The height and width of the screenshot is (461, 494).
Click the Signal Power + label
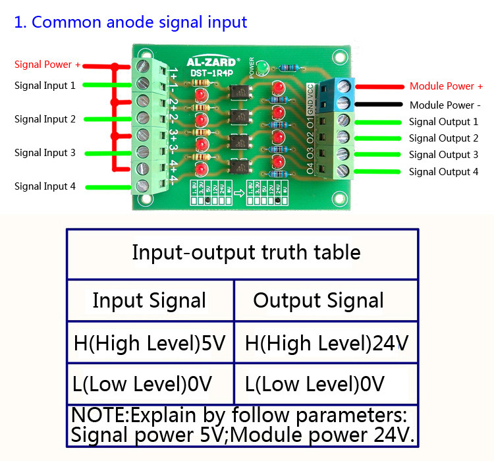coord(47,65)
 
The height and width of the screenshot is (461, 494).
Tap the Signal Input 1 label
coord(45,86)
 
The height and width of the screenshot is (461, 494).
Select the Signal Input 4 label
coord(45,186)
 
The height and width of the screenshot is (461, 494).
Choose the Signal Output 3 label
coord(443,155)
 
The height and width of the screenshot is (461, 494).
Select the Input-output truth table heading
coord(246,252)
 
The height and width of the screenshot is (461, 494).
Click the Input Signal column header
coord(149,300)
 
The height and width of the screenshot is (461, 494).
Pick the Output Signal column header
coord(318,300)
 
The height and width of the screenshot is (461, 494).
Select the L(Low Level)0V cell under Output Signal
coord(314,383)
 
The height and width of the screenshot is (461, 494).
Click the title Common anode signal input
coord(131,22)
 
